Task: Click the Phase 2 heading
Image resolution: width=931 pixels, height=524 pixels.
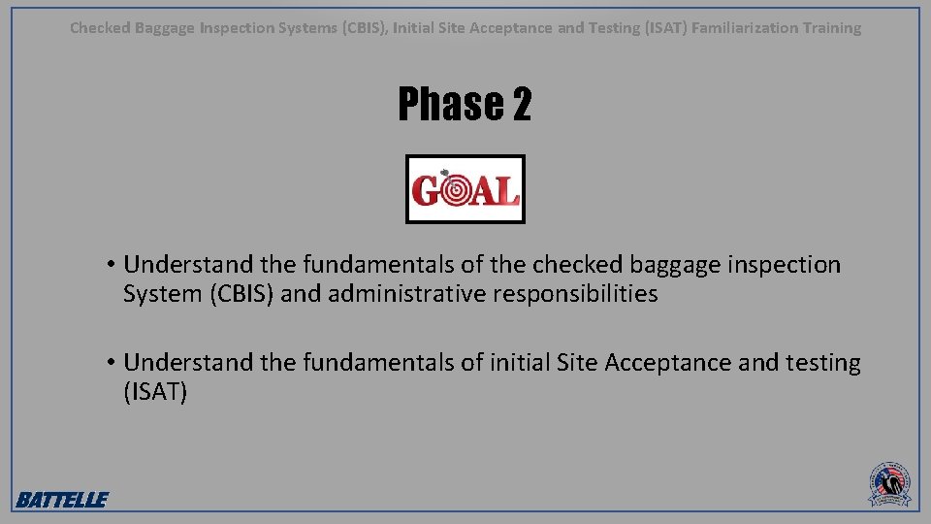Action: (465, 104)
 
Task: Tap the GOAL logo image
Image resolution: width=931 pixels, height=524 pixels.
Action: (465, 189)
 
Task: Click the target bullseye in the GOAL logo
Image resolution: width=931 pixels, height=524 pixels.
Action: (455, 190)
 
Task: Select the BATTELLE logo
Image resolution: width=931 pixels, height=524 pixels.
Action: (61, 500)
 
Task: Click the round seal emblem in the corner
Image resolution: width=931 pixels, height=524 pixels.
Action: (888, 483)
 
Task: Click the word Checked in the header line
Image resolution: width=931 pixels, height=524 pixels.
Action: (99, 28)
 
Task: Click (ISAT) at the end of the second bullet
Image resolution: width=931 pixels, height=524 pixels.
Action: (155, 392)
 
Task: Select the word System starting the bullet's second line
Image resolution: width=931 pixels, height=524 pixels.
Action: (159, 294)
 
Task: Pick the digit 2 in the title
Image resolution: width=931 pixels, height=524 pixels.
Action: (521, 104)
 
